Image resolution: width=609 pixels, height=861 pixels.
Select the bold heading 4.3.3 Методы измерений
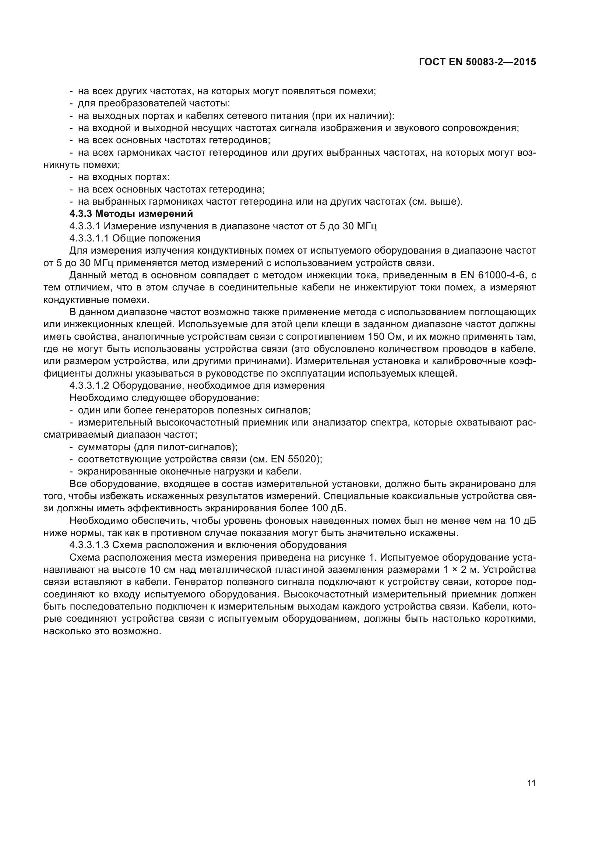pos(131,214)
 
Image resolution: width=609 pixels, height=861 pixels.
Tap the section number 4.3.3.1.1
pos(89,239)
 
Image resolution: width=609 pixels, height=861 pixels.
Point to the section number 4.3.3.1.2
pos(89,385)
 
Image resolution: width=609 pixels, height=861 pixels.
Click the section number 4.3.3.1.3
pos(89,545)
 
